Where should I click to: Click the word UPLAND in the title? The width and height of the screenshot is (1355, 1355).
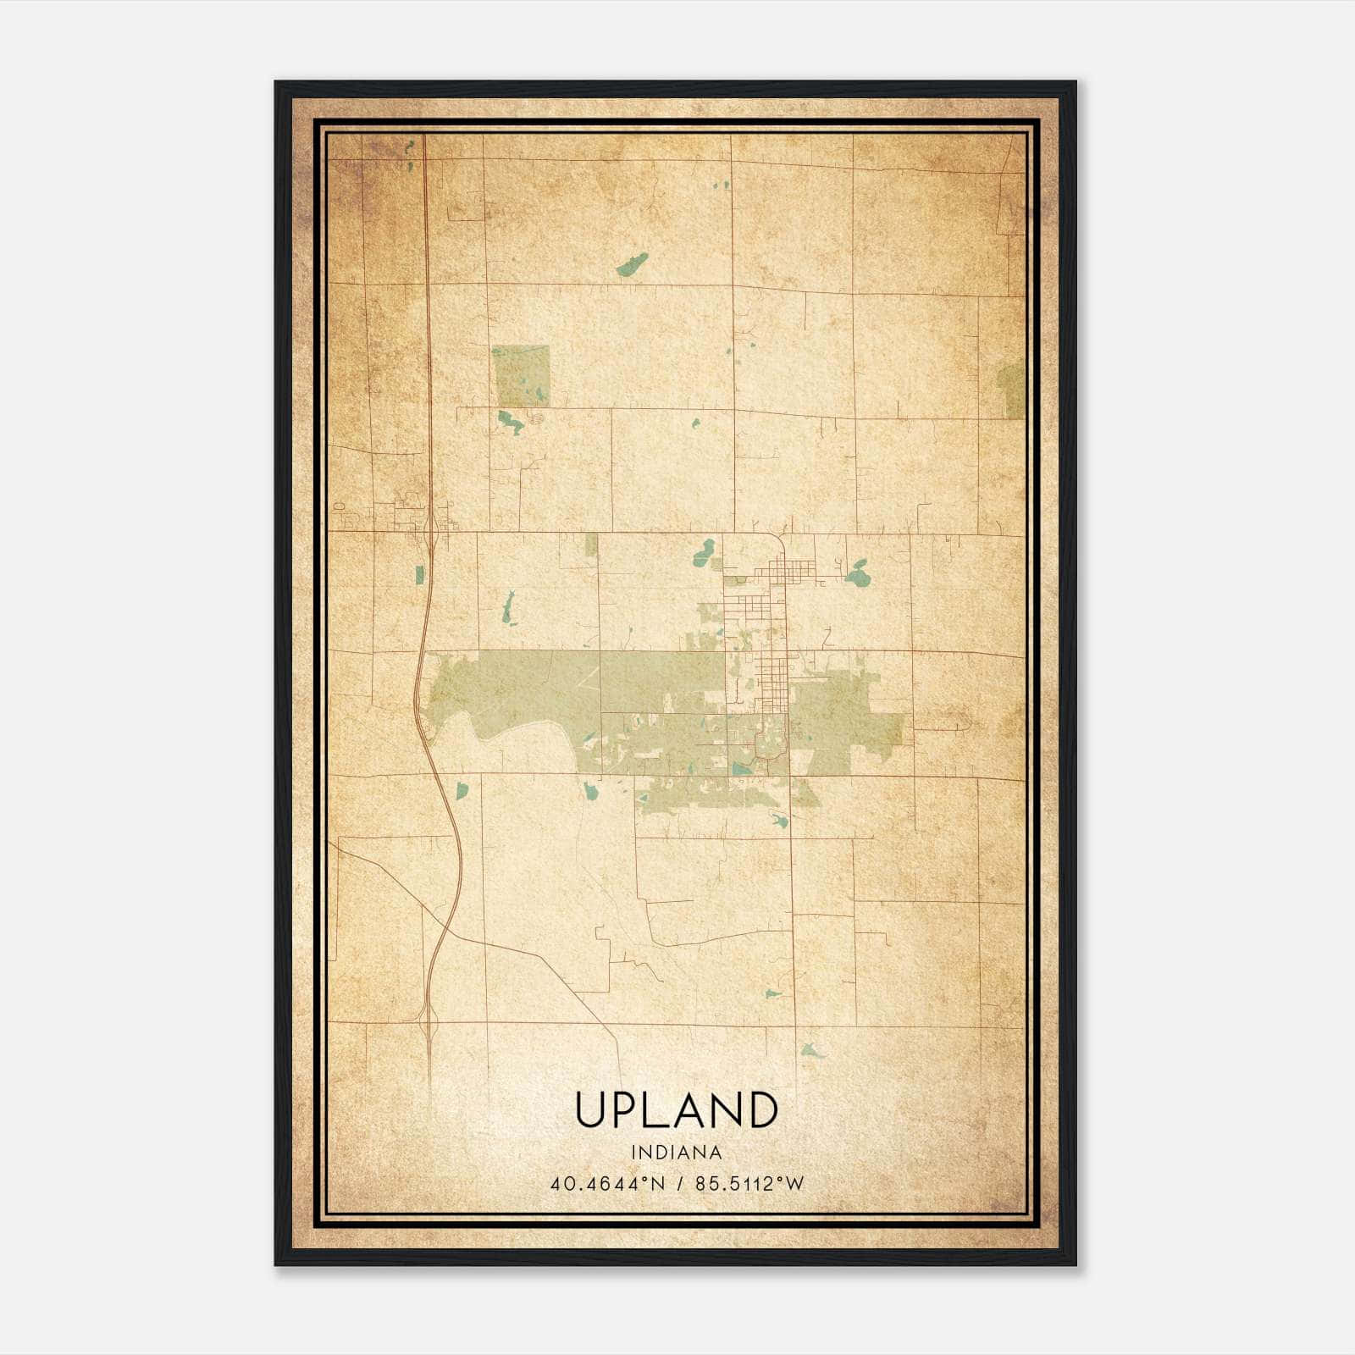pos(676,1109)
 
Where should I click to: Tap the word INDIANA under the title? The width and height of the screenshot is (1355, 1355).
pos(676,1153)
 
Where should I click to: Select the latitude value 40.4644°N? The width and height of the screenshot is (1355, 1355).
pos(608,1183)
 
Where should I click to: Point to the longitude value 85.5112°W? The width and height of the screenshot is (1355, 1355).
pos(749,1183)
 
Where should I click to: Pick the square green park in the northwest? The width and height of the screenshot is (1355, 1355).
pos(521,375)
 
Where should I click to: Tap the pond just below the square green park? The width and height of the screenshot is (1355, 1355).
pos(510,421)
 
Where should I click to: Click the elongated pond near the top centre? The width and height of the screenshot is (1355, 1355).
pos(632,265)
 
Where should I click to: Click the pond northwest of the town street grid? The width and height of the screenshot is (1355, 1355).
pos(704,554)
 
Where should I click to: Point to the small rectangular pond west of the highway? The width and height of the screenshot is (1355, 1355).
pos(420,575)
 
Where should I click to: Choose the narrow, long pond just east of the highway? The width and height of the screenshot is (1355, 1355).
pos(508,608)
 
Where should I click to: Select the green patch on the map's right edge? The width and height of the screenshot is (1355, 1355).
pos(1013,389)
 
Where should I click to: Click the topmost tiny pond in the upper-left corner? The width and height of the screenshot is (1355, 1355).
pos(410,145)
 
